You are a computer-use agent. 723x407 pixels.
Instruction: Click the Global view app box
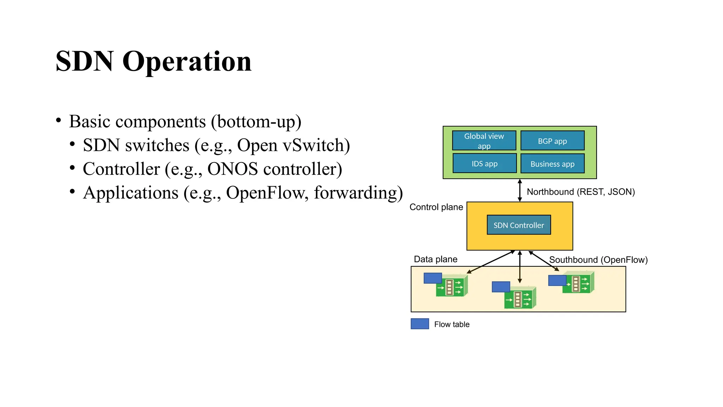(484, 141)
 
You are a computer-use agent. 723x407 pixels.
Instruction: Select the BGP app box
(552, 141)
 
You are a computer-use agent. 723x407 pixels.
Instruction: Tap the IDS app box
(484, 163)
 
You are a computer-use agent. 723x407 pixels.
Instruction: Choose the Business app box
(552, 164)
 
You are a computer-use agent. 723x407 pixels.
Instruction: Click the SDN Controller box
(519, 225)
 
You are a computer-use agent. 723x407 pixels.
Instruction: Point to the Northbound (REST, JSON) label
(580, 192)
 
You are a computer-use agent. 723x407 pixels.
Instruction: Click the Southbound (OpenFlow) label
(598, 260)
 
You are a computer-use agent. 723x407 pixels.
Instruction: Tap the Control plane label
(436, 207)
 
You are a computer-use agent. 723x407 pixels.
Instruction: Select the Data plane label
(435, 259)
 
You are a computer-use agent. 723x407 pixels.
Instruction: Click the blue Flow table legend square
(420, 324)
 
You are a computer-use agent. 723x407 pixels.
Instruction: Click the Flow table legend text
(452, 324)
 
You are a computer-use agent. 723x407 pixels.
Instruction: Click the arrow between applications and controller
(520, 190)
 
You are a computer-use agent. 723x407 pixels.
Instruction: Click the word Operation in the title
(187, 62)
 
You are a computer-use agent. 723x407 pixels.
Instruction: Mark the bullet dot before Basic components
(59, 120)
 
